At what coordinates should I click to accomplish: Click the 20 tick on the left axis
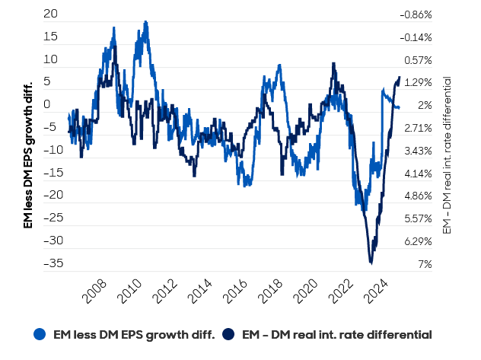click(x=51, y=14)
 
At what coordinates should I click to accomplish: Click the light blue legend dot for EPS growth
click(x=40, y=334)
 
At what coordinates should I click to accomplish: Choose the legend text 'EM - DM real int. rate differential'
click(x=335, y=334)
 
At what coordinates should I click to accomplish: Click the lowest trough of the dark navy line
click(x=371, y=263)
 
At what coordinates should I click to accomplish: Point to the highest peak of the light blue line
click(x=145, y=22)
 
